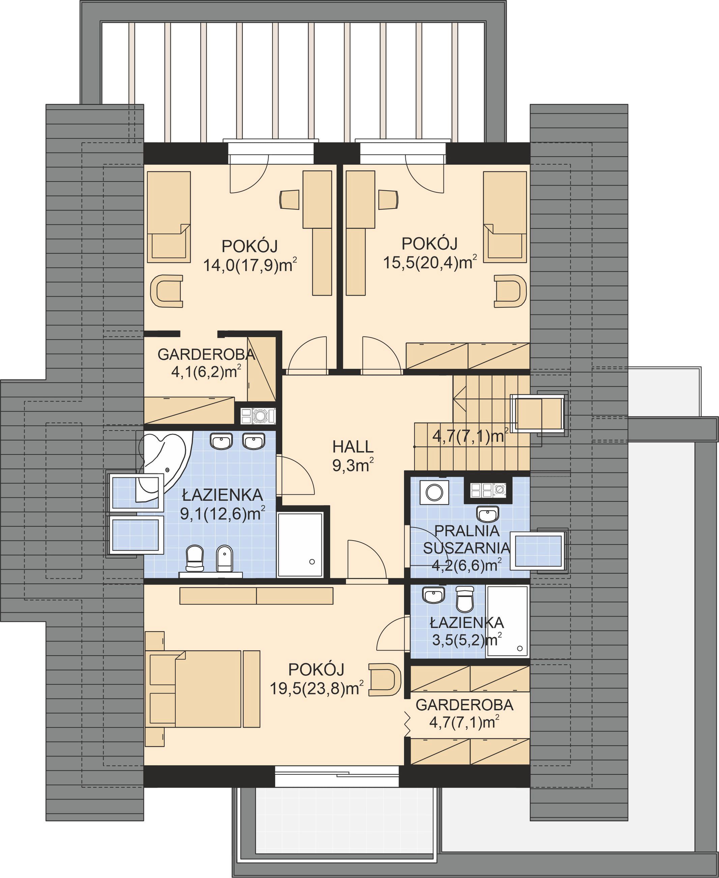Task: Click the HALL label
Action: pos(353,447)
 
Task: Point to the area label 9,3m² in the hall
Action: pos(353,466)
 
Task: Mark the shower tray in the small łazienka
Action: pos(507,621)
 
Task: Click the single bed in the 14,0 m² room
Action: pos(169,217)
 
